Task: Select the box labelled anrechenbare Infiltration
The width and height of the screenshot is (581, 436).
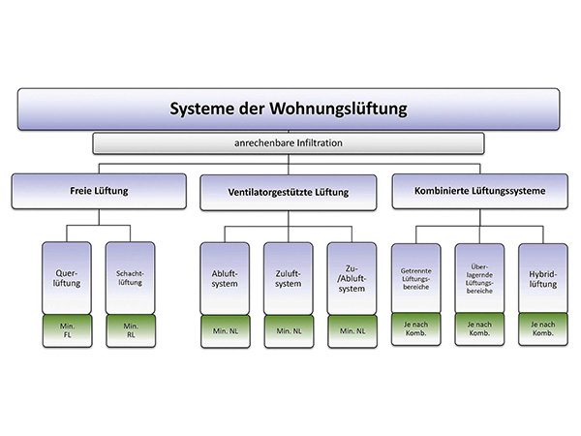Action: click(x=289, y=143)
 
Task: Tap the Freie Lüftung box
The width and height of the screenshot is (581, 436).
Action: click(x=99, y=192)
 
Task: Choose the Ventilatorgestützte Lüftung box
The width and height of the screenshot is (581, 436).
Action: click(x=289, y=192)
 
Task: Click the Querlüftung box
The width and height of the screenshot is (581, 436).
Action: click(x=67, y=278)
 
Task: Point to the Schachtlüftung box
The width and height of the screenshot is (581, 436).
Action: click(x=130, y=278)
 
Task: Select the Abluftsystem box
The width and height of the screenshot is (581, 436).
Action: click(x=225, y=278)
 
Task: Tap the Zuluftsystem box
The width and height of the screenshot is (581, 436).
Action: click(x=289, y=278)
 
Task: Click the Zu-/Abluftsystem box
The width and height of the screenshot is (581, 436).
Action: click(x=352, y=278)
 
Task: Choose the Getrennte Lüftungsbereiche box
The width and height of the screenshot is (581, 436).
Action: click(x=415, y=278)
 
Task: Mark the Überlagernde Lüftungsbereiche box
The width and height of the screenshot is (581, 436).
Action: click(x=479, y=278)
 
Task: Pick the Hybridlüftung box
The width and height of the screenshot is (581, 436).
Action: click(x=542, y=278)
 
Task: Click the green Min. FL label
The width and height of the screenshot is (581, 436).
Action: click(x=67, y=331)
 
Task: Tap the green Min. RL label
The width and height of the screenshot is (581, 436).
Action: click(x=130, y=331)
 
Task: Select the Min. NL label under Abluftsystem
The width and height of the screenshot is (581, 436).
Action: click(x=225, y=331)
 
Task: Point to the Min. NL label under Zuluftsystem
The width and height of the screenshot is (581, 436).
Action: click(x=289, y=331)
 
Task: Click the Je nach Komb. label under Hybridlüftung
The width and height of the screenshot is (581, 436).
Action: click(x=542, y=331)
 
